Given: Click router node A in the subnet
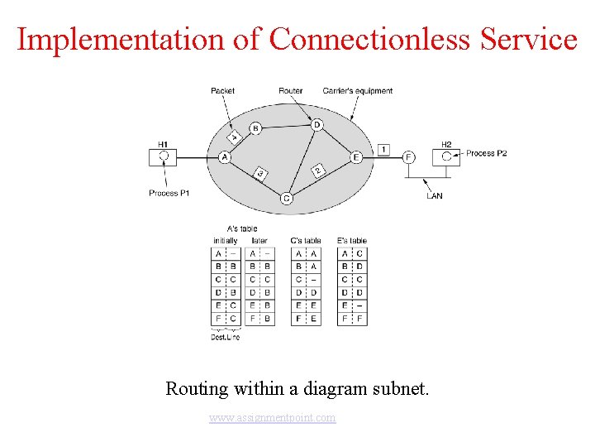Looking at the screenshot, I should pos(224,156).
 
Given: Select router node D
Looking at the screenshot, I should pos(317,125).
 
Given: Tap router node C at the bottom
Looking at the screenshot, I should pos(286,198).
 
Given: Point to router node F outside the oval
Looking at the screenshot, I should pos(408,156).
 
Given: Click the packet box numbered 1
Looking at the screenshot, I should pos(384,150).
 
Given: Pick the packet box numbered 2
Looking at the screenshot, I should pos(317,170).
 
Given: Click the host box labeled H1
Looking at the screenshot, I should pos(164,156).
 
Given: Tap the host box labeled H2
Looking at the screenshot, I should pos(446,156).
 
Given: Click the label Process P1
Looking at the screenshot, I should pos(169,193).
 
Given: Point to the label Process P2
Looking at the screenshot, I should pos(486,153).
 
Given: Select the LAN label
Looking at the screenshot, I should pos(435,196).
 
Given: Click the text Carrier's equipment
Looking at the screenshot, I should pos(358,91).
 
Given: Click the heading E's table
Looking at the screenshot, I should pos(352,240).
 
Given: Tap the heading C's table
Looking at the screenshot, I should pos(306,240).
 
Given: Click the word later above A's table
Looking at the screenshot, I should pos(259,240).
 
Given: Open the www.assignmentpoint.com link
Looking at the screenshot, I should pos(273,418).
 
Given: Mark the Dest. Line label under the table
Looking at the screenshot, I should pos(225,337).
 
